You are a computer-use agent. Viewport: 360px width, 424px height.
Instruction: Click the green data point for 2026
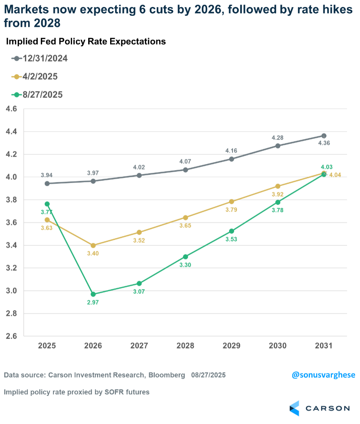93,294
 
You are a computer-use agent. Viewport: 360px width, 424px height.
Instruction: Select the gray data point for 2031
324,136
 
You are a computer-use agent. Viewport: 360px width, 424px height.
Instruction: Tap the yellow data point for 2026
93,245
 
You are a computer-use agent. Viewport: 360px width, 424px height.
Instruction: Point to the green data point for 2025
47,204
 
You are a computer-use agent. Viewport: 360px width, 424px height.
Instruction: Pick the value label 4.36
324,143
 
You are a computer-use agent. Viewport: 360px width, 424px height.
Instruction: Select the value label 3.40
93,254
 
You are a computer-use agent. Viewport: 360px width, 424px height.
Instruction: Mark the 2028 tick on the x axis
185,346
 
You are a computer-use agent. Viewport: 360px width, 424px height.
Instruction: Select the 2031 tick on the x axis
324,346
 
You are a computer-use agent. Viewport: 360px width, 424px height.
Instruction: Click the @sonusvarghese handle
323,375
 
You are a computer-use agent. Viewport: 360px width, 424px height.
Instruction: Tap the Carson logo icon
294,408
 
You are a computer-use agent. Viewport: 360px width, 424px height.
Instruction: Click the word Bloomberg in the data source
167,375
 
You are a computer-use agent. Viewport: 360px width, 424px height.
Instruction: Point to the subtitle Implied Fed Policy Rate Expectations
86,42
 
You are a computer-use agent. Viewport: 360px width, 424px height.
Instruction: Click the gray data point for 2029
231,159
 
